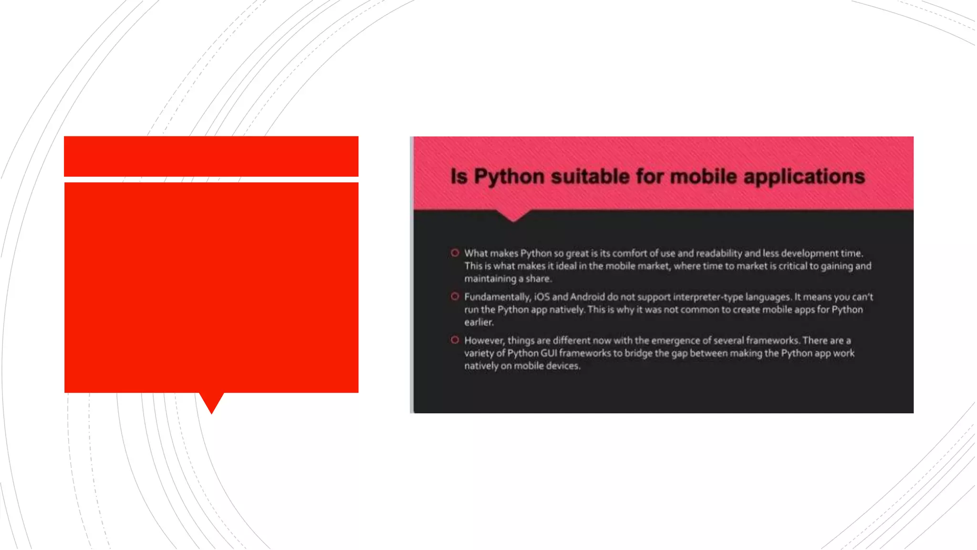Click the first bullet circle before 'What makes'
coord(455,253)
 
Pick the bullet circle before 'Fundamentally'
coord(455,296)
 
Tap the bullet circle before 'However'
coord(455,340)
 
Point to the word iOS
coord(542,297)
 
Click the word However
coord(484,340)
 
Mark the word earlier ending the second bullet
coord(478,322)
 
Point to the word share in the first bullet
coord(538,279)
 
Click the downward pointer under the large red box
coord(211,402)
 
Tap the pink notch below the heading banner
coord(513,215)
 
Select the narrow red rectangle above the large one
coord(211,156)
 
